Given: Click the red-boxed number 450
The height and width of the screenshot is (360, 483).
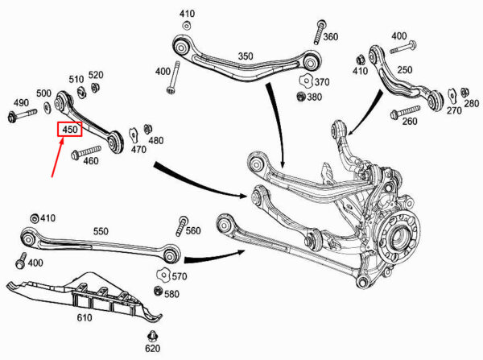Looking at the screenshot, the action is coord(70,129).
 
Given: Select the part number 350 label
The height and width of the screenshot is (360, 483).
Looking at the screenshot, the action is coord(246,56).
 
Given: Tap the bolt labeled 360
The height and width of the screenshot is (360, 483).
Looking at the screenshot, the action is coord(320,32).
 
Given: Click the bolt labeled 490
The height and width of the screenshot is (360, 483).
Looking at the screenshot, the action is coord(22,115).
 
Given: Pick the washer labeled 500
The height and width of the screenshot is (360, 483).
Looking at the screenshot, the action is coord(47,107).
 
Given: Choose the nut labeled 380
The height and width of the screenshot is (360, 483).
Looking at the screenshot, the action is coord(301,97).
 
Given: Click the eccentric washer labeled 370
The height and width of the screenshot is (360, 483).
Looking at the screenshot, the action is coord(306,81).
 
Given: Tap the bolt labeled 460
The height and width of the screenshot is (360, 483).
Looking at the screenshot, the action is coord(86,152).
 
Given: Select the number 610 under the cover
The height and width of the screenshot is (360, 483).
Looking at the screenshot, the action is coord(84,317).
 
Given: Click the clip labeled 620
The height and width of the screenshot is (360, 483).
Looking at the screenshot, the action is coord(152,337).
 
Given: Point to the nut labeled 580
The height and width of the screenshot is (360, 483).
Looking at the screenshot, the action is coord(158,291).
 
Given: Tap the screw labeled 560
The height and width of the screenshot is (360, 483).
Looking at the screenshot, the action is coord(181,226).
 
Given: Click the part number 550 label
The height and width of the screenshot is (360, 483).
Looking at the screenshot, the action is coord(101,231).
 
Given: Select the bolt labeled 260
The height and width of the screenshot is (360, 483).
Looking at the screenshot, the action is coord(405,113).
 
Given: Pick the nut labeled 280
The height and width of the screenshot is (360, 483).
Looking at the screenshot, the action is coord(464,92).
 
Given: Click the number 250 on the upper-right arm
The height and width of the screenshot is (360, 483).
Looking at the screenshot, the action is coord(404,69).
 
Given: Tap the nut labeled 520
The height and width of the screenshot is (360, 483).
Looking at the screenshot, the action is coord(95,88).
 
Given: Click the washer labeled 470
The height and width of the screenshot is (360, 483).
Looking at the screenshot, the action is coord(134,135).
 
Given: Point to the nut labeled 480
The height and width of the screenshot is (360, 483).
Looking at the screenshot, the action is coord(148,129).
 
